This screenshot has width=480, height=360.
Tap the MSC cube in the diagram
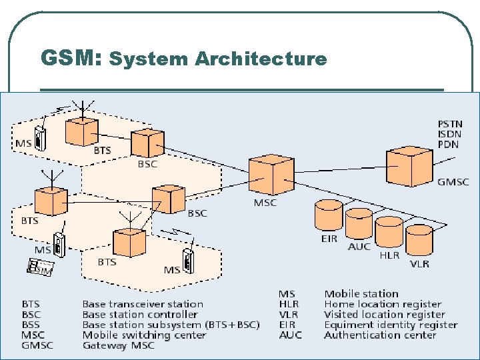271,175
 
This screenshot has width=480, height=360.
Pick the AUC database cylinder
359,225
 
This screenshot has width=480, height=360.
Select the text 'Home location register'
383,304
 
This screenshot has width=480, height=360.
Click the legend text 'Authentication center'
380,335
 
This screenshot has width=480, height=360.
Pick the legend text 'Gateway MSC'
118,345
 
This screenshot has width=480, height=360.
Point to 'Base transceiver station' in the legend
143,304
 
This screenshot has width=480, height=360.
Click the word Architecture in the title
261,59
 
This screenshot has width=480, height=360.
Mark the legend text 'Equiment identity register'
391,325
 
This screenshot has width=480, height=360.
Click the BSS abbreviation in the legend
31,325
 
